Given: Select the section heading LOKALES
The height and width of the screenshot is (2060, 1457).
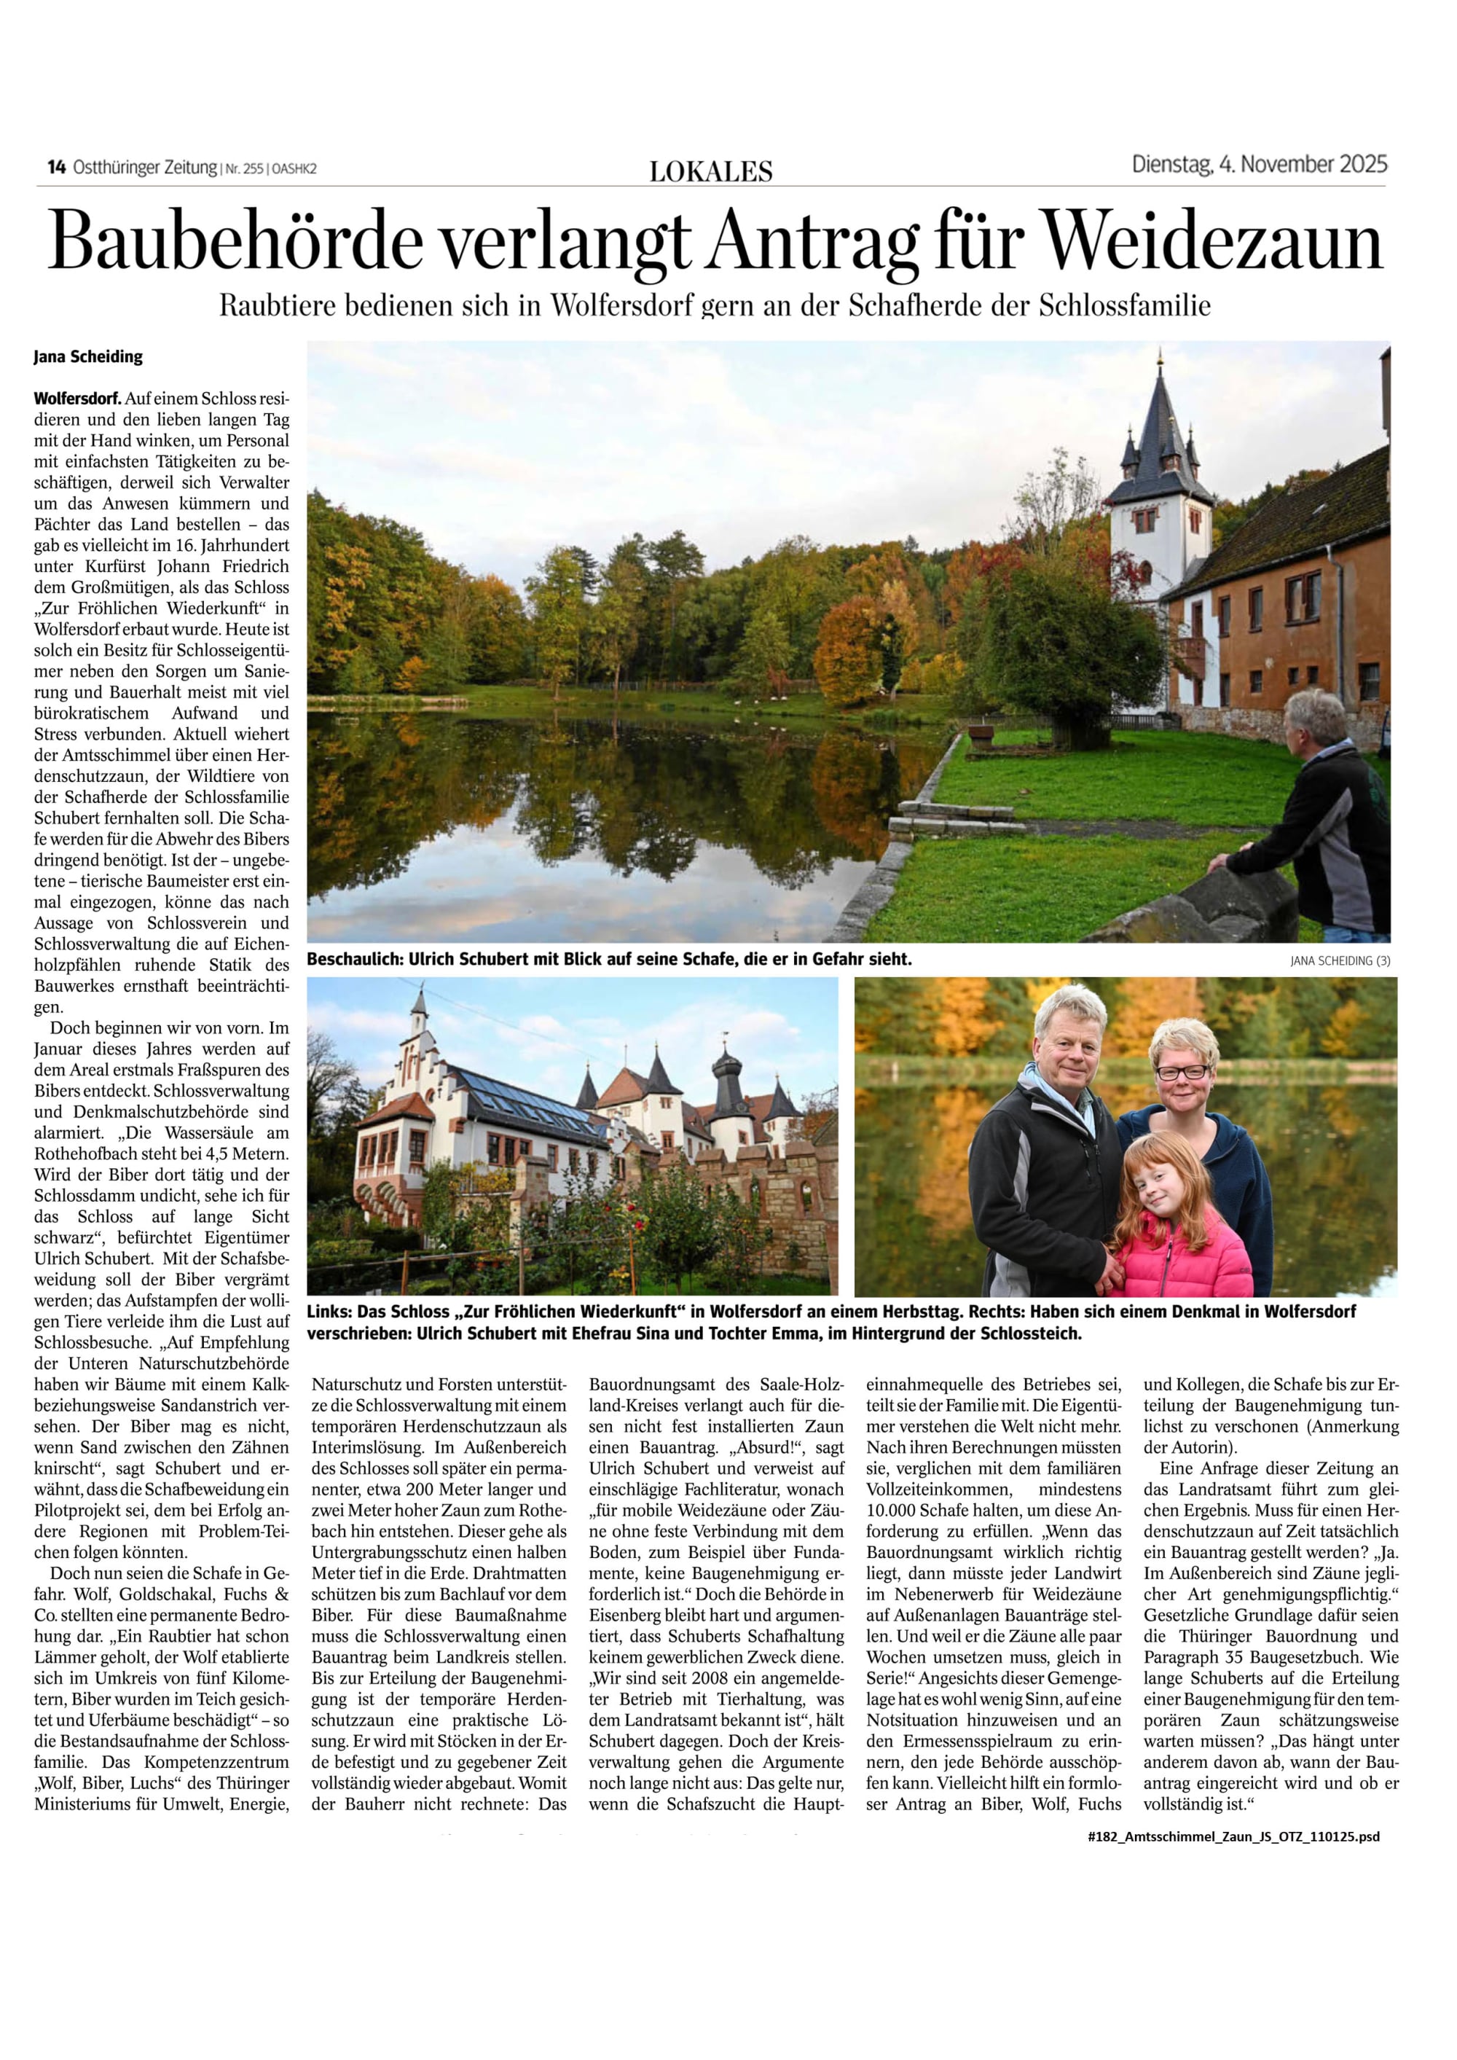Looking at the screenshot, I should click(710, 171).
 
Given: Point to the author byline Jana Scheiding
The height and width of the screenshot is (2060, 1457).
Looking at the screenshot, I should click(88, 357).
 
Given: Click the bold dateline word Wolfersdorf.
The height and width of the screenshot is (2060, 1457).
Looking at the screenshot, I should click(78, 397).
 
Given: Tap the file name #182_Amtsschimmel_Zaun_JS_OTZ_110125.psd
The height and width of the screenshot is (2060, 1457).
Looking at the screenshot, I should click(1233, 1836).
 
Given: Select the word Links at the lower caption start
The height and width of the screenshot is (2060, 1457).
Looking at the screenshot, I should click(329, 1312).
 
